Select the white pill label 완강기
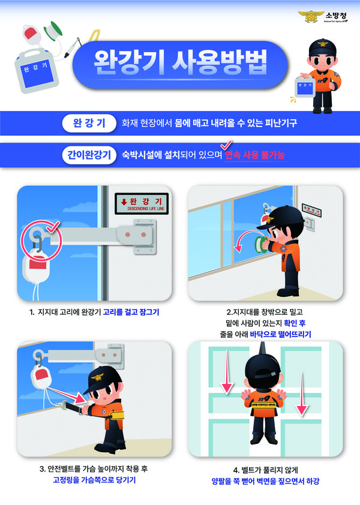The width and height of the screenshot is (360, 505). tap(85, 124)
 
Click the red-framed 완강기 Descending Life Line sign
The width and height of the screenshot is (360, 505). tap(142, 202)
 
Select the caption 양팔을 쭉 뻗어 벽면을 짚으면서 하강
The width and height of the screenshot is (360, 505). tap(265, 480)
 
